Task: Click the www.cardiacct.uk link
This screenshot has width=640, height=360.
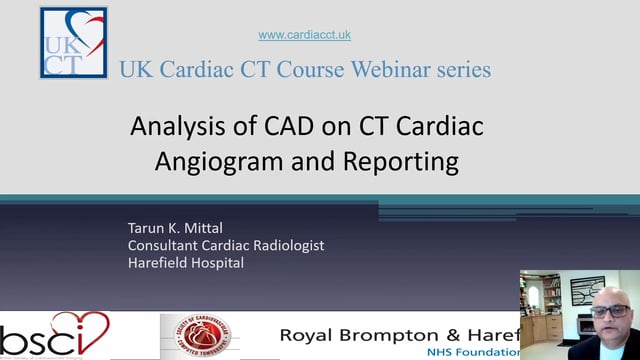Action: [x=305, y=35]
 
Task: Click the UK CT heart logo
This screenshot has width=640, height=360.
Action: [x=73, y=42]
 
